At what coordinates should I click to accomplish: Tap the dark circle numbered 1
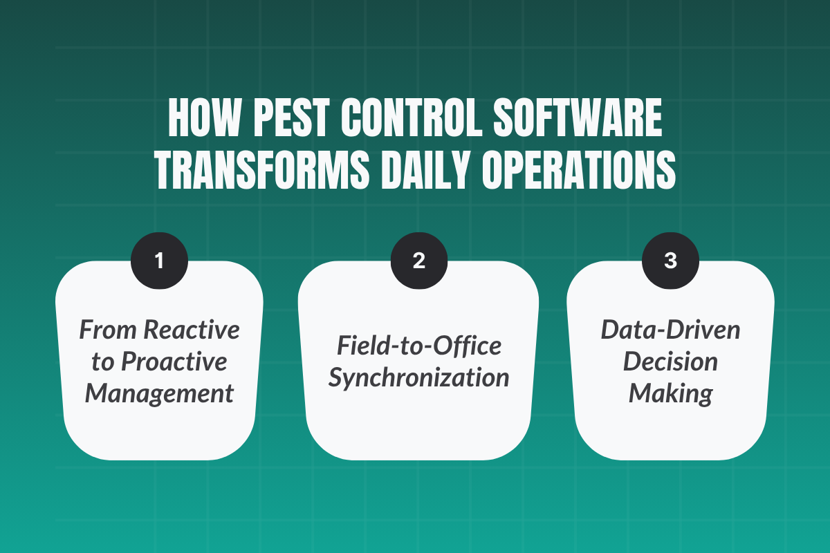[159, 261]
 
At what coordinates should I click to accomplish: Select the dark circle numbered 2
[418, 261]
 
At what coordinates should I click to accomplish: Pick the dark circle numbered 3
[670, 261]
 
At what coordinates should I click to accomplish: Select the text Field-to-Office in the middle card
[418, 346]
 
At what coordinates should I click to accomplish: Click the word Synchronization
[418, 377]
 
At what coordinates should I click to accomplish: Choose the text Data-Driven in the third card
[670, 330]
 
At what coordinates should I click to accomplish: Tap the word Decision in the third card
[670, 362]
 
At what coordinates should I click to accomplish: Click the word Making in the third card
[670, 393]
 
